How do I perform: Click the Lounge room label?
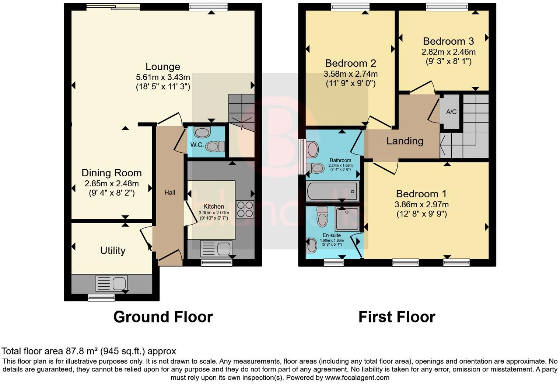coord(163,67)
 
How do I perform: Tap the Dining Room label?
coord(111,173)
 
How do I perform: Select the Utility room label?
coord(113,250)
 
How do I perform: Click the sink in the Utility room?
coord(112,283)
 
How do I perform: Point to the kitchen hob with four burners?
coord(245,209)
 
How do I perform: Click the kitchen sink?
coord(216,248)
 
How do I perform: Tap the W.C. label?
coord(197,145)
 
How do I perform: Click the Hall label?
coord(169,193)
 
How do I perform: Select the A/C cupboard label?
coord(451,112)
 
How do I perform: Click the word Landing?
coord(405,141)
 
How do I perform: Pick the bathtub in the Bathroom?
coord(332,191)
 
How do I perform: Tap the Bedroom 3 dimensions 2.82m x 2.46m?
coord(448,52)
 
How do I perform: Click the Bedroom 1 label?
coord(421,194)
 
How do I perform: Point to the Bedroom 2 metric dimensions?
coord(350,74)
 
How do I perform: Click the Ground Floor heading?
coord(163,317)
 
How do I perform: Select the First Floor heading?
coord(397,317)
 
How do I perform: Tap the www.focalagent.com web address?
coord(357,378)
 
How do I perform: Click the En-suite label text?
coord(332,235)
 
